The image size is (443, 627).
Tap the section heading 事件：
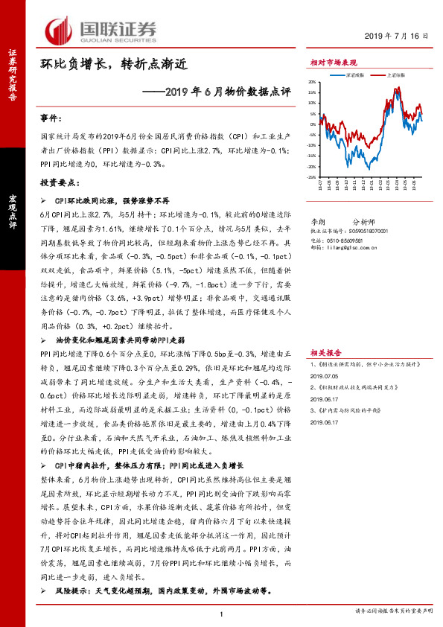pos(52,118)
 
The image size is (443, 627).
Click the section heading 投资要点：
pos(59,182)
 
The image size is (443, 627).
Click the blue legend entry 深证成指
pos(354,75)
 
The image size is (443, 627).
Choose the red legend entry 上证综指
pos(395,75)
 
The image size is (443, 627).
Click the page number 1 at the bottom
pos(222,613)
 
